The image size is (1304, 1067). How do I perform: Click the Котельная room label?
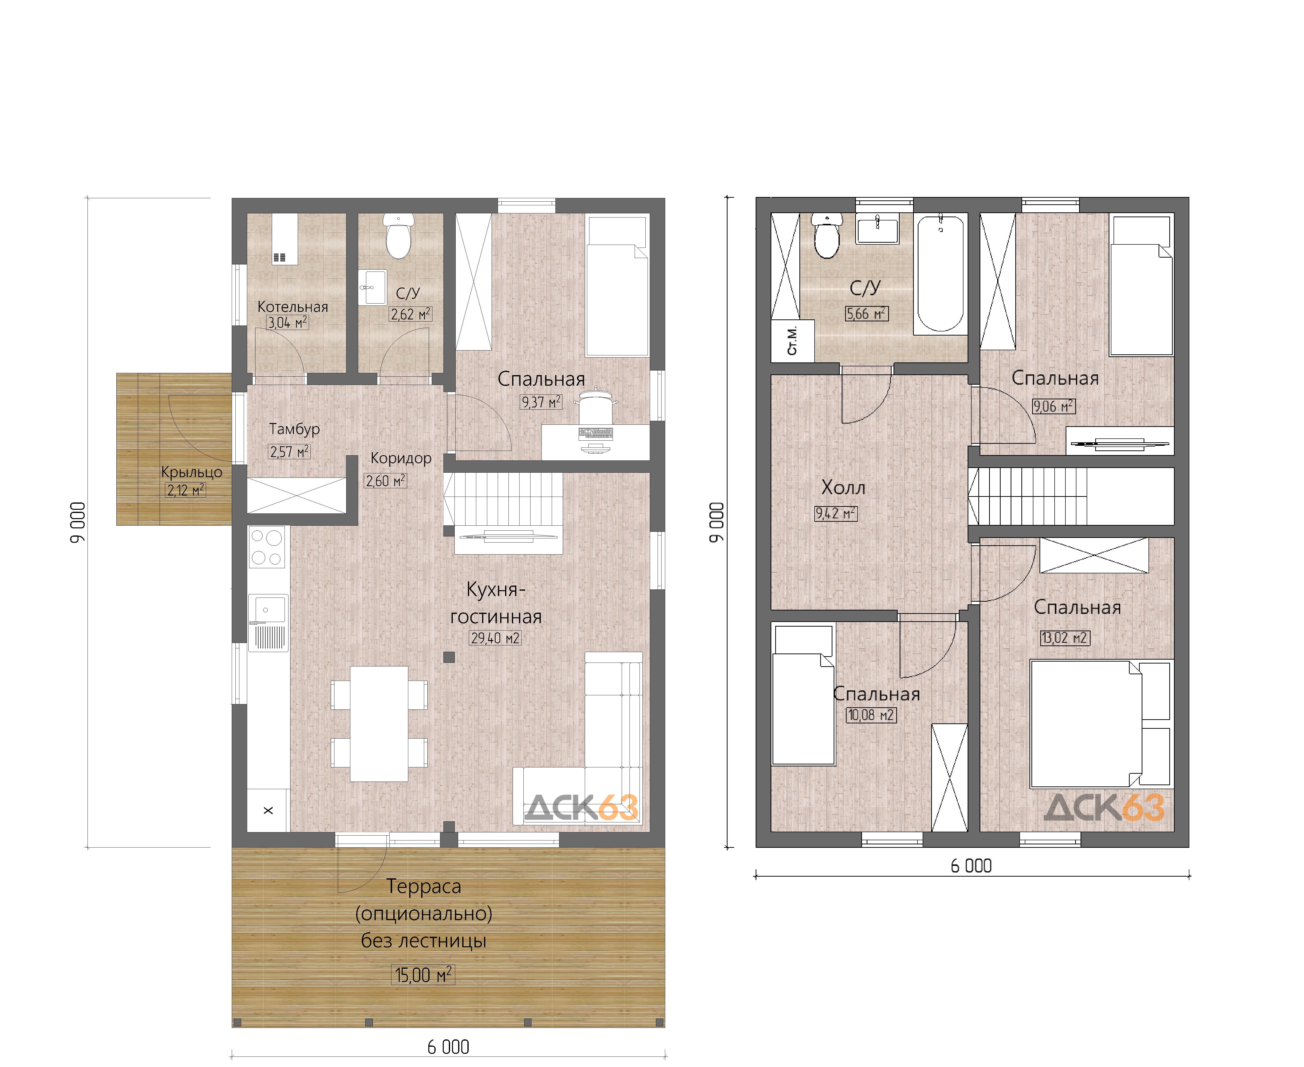point(293,307)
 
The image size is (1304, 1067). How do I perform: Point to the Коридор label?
point(401,458)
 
